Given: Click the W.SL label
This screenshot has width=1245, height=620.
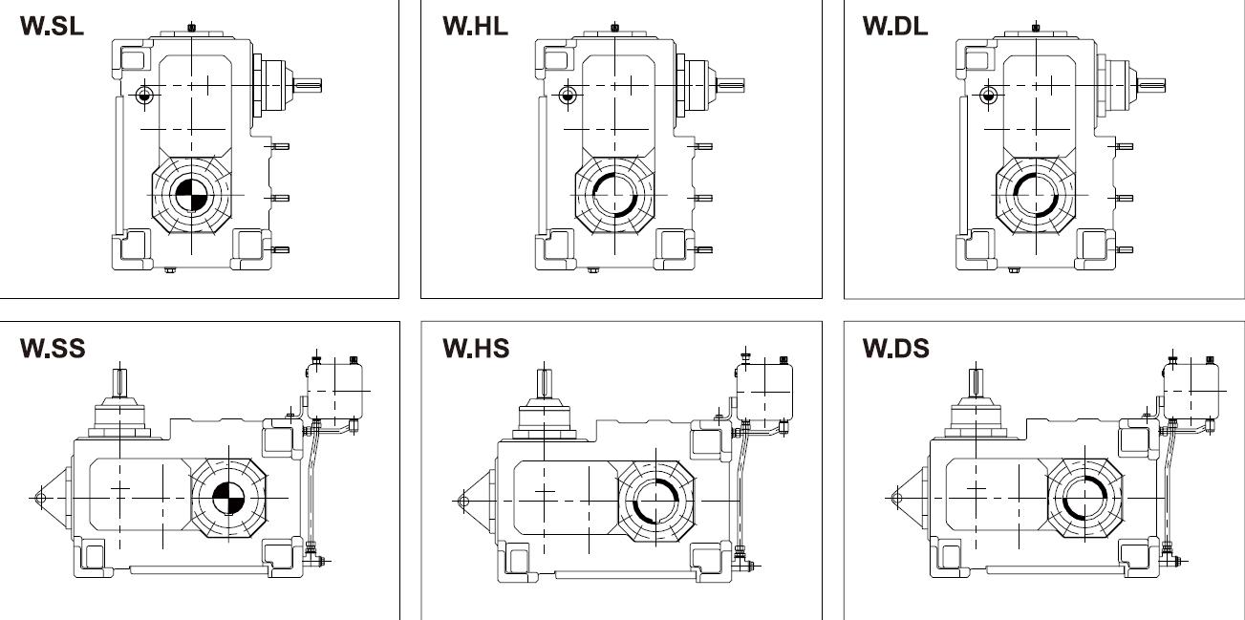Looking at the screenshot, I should pyautogui.click(x=52, y=26).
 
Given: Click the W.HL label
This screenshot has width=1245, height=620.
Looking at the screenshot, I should pyautogui.click(x=475, y=26).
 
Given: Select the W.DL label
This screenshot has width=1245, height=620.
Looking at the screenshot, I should pyautogui.click(x=895, y=26).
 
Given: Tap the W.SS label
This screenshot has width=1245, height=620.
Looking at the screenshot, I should pyautogui.click(x=53, y=349).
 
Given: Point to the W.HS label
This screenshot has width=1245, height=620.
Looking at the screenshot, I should pyautogui.click(x=476, y=349).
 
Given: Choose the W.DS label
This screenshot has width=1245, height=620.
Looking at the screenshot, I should pyautogui.click(x=896, y=349).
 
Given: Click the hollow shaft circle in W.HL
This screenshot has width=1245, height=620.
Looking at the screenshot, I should pyautogui.click(x=614, y=196).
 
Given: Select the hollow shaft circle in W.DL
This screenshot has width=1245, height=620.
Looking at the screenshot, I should pyautogui.click(x=1036, y=196).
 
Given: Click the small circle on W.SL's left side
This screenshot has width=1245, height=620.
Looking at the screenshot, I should pyautogui.click(x=144, y=95).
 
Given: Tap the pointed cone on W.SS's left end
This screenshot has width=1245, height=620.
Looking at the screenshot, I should pyautogui.click(x=49, y=497).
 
